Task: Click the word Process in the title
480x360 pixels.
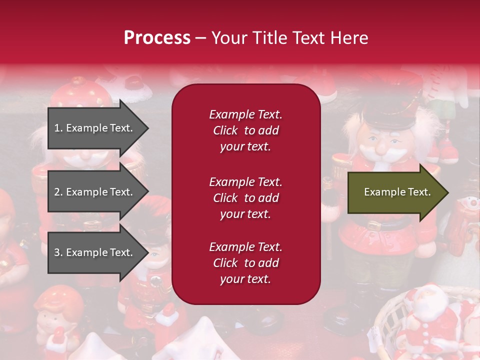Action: pyautogui.click(x=157, y=38)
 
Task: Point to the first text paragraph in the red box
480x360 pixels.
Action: pyautogui.click(x=245, y=130)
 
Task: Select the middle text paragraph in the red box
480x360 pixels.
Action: pyautogui.click(x=245, y=198)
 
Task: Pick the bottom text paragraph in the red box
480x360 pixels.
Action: pyautogui.click(x=245, y=263)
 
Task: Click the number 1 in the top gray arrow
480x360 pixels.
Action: pyautogui.click(x=57, y=128)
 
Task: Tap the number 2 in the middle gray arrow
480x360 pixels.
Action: pyautogui.click(x=57, y=192)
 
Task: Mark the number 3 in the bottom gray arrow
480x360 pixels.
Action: pyautogui.click(x=57, y=252)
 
